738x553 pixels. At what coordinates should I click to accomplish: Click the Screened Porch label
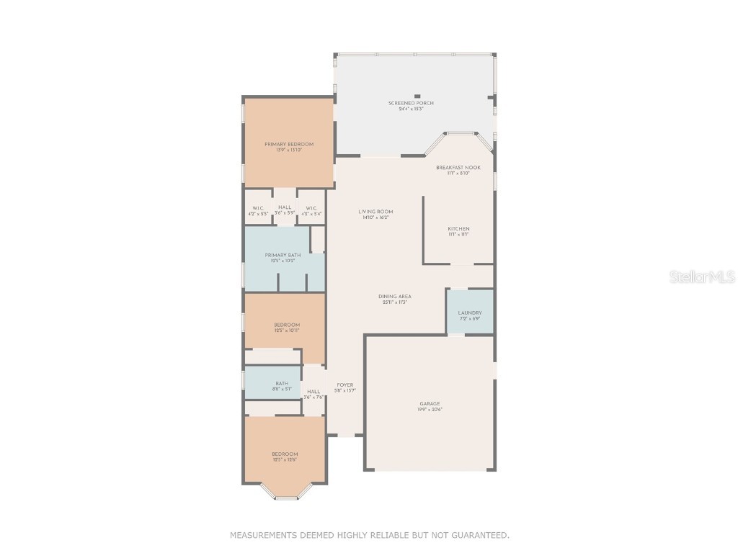(x=411, y=104)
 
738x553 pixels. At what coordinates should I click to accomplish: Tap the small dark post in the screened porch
(x=417, y=96)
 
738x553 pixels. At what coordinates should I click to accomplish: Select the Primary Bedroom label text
(x=288, y=145)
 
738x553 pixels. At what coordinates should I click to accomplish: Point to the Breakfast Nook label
(x=458, y=167)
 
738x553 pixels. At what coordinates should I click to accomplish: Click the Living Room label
(x=375, y=212)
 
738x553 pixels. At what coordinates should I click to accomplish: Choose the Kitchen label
(x=458, y=229)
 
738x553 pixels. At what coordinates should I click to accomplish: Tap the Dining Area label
(x=394, y=297)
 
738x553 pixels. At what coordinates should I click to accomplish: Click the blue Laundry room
(x=470, y=312)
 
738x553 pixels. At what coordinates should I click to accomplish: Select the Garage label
(x=430, y=404)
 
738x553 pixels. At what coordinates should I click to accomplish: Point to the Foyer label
(x=345, y=385)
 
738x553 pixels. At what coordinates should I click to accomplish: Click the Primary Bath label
(x=283, y=256)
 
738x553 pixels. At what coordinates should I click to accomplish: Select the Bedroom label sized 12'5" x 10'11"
(x=287, y=325)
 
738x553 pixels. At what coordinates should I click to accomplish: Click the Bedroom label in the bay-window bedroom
(x=285, y=454)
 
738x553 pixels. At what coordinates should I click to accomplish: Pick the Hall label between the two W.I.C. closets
(x=285, y=207)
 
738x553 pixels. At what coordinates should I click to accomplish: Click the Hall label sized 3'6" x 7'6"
(x=314, y=392)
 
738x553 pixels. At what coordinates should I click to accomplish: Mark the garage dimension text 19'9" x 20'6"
(x=430, y=410)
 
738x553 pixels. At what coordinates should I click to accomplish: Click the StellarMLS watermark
(x=701, y=276)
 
